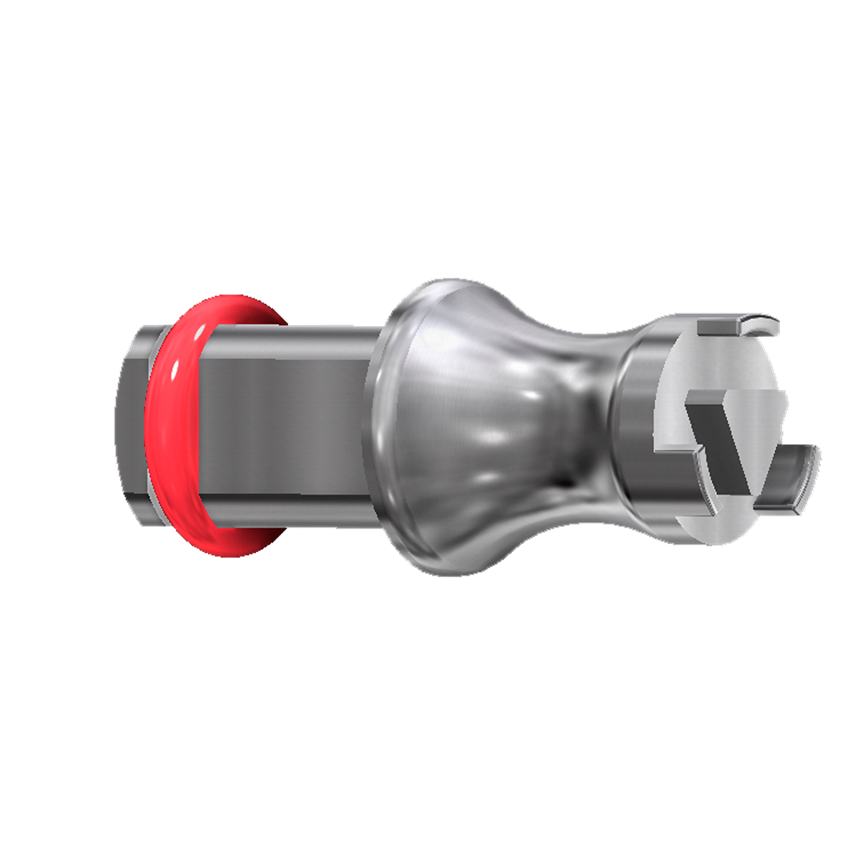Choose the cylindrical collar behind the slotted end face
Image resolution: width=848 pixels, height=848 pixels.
(636, 424)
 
